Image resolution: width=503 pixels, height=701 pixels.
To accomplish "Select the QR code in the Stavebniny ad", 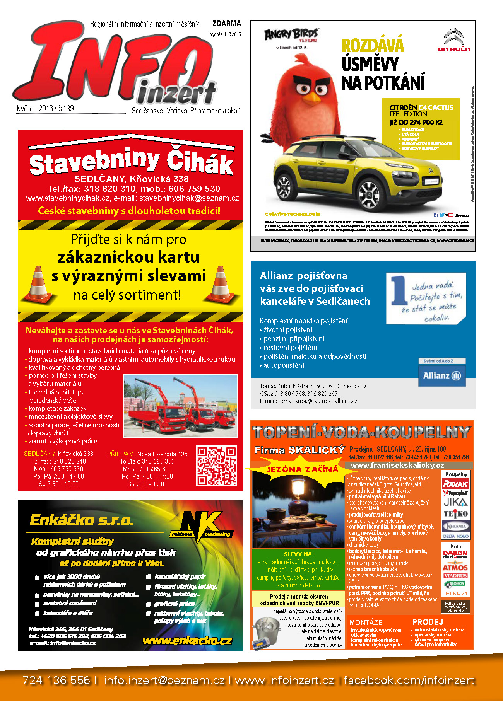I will pos(216,466).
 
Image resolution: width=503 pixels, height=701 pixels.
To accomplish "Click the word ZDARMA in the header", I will pos(226,24).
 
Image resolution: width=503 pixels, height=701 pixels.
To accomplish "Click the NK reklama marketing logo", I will pos(201,525).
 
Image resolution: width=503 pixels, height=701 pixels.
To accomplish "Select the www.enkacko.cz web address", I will pos(187,641).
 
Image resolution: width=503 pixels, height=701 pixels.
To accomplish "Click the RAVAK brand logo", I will pos(455,484).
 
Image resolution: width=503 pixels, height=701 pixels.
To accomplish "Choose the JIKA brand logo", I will pos(455,502).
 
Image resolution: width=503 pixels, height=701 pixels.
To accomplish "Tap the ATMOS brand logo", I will pos(455,568).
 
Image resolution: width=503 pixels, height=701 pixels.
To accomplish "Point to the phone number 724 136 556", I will pos(56,680).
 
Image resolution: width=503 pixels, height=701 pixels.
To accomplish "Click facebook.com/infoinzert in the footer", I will pos(409,680).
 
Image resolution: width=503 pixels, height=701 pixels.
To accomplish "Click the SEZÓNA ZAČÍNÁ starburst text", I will pos(303,469).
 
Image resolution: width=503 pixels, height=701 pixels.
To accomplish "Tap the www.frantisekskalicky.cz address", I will pos(397,466).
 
